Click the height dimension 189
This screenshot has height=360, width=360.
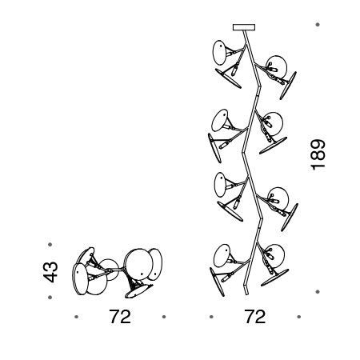tap(318, 154)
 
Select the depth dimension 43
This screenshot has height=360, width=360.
tap(50, 272)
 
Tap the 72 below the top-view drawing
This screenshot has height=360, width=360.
tap(120, 317)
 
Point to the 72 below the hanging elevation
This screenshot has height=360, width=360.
tap(255, 317)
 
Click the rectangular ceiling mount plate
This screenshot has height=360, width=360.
tap(244, 27)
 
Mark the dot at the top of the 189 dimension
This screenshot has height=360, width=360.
tap(318, 25)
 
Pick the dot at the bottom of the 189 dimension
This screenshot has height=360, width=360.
tap(318, 292)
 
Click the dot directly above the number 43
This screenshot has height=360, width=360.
tap(50, 244)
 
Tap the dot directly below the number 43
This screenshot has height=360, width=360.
tap(50, 297)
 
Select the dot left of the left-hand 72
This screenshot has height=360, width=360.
tap(77, 317)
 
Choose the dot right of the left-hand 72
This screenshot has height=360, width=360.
tap(164, 317)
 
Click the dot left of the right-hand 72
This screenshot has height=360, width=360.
tap(211, 317)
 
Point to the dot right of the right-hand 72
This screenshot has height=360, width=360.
tap(298, 317)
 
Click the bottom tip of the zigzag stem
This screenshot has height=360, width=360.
tap(246, 294)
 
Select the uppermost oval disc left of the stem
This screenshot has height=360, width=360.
tap(220, 53)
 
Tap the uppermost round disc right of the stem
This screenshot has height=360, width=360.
tap(278, 66)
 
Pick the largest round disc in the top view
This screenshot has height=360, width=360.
tap(139, 262)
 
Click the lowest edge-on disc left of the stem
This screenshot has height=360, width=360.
tap(217, 282)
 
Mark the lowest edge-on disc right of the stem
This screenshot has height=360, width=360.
tap(274, 278)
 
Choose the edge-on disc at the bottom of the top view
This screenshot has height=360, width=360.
tap(138, 291)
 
